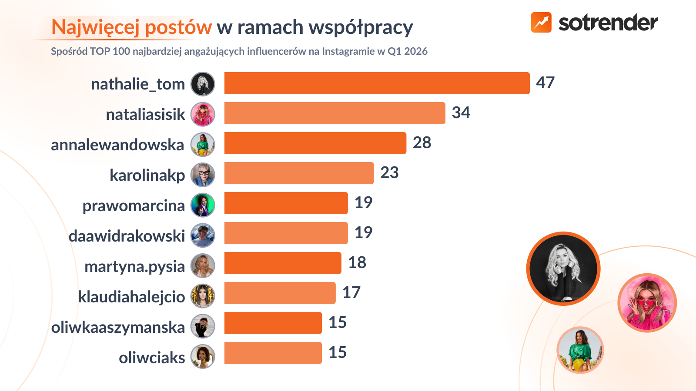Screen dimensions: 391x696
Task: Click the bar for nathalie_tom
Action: [x=377, y=83]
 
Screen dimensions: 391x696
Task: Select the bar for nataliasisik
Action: [x=335, y=113]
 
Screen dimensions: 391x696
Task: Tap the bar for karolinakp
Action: [x=299, y=173]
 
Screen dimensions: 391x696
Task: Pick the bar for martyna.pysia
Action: [x=283, y=263]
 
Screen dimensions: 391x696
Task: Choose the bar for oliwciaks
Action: [x=273, y=353]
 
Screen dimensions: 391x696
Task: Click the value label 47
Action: [x=545, y=83]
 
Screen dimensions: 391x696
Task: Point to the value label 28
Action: [x=422, y=142]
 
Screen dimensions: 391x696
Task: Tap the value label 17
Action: [x=351, y=292]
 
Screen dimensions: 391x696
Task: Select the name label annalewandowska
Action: [x=117, y=145]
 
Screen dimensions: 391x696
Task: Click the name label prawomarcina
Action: [x=134, y=205]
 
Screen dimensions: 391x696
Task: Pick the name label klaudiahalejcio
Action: [x=131, y=297]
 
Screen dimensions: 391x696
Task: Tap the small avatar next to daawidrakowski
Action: [x=203, y=235]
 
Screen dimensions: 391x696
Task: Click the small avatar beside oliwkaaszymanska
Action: [x=203, y=326]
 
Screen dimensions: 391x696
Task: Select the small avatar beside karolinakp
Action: [x=203, y=175]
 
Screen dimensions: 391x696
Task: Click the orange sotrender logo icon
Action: [x=541, y=22]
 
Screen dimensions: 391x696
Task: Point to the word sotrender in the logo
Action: [x=608, y=23]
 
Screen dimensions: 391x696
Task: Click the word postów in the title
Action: [x=178, y=27]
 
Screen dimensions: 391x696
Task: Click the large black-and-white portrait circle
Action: [x=563, y=268]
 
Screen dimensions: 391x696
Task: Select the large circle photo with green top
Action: [x=580, y=350]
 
